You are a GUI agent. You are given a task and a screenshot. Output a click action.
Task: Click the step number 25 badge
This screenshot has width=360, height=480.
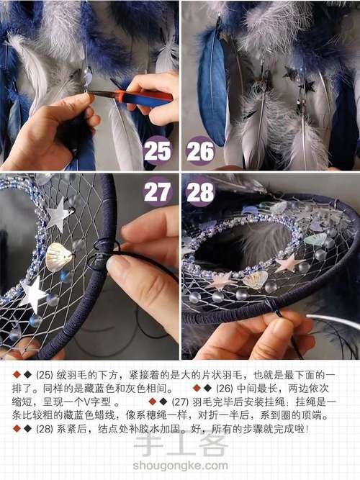pos(158,151)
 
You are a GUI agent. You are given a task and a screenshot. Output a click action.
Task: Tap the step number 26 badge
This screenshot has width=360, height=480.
pos(200,151)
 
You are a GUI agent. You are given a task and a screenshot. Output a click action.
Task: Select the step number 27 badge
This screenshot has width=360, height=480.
pos(158,192)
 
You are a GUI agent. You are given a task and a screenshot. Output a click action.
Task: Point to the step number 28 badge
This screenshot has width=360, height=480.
pos(200,192)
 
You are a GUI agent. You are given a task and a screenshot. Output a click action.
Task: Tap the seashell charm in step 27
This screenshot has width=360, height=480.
pos(58,257)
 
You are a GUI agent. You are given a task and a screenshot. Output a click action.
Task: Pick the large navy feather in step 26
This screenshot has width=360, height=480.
pos(212,89)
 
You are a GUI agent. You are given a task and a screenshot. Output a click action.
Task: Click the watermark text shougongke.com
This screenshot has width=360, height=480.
pos(180,466)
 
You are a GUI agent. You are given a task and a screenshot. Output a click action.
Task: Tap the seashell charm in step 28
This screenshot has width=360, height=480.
pos(256,280)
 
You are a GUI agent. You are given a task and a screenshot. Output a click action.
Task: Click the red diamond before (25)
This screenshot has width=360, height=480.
pos(17,374)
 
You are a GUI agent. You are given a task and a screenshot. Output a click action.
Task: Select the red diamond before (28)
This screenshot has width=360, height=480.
pos(17,429)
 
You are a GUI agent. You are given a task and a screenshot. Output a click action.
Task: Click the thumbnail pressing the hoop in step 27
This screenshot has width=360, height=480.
pos(113,264)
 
